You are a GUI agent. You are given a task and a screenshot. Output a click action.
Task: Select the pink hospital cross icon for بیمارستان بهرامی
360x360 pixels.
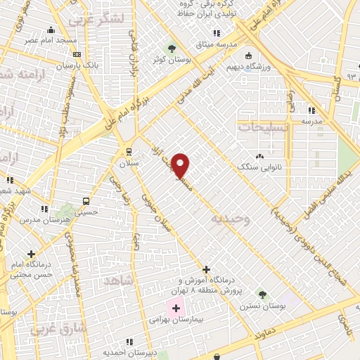(x=175, y=308)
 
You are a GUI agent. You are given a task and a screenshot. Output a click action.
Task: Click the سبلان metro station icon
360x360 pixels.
(x=128, y=151)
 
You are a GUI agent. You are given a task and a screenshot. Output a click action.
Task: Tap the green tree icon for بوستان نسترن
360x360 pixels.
(x=262, y=294)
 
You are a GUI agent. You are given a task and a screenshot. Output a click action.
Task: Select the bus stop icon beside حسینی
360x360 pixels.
(x=86, y=199)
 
